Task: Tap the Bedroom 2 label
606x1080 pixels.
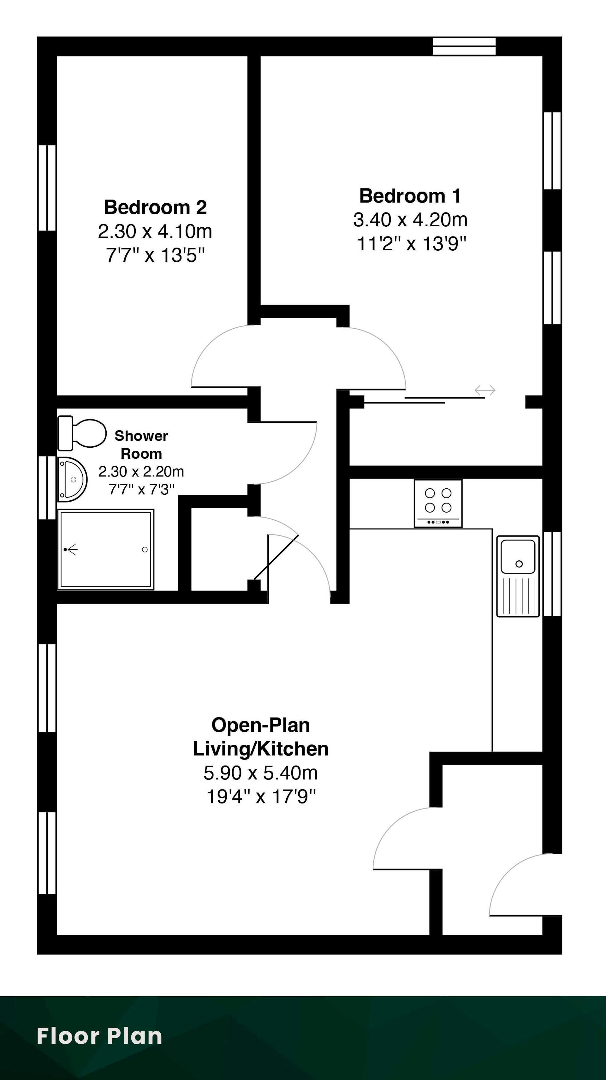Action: click(x=156, y=207)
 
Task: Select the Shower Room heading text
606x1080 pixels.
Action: click(x=141, y=445)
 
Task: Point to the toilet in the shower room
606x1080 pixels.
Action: click(x=82, y=433)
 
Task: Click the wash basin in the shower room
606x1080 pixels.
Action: click(x=72, y=479)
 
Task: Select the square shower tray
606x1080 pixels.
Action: click(x=106, y=550)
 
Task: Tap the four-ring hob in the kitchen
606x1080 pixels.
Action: click(x=438, y=504)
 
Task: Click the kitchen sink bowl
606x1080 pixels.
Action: click(x=518, y=556)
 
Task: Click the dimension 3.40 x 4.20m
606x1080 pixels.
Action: click(x=410, y=220)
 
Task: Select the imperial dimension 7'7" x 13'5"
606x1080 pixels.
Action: click(x=156, y=255)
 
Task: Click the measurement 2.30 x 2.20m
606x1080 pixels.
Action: click(x=141, y=472)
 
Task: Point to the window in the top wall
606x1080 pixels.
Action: click(x=464, y=46)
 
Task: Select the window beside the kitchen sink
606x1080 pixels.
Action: click(x=552, y=574)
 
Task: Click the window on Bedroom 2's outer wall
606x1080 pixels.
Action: click(x=47, y=188)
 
